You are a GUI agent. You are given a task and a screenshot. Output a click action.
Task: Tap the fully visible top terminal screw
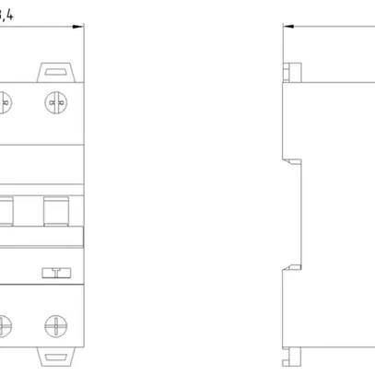point(55,102)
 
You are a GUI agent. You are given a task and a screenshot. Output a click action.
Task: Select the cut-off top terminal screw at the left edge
point(4,102)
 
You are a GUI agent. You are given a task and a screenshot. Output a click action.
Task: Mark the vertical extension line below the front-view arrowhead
point(84,51)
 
